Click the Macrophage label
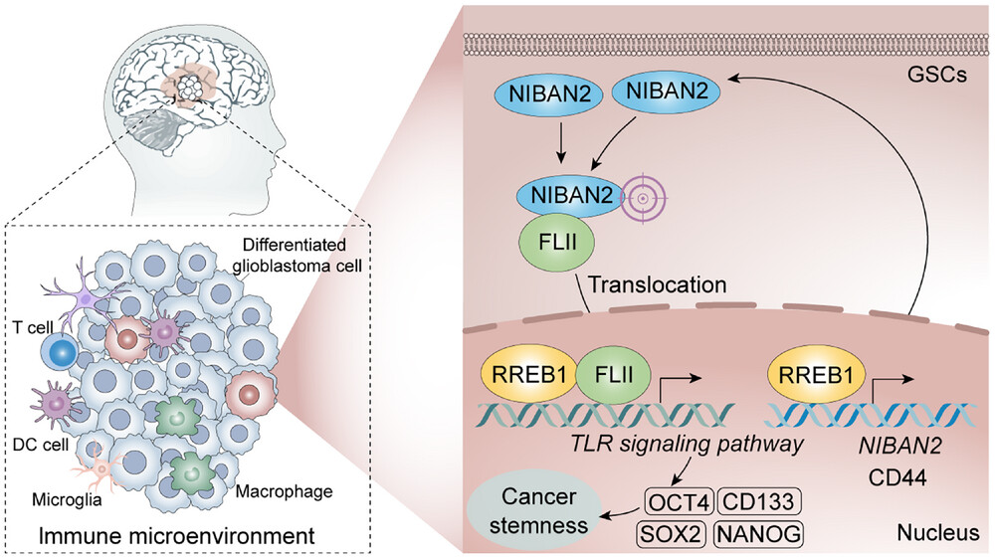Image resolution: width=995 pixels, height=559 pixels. [x=279, y=489]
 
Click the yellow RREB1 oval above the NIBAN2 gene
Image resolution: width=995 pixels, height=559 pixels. [x=812, y=376]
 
